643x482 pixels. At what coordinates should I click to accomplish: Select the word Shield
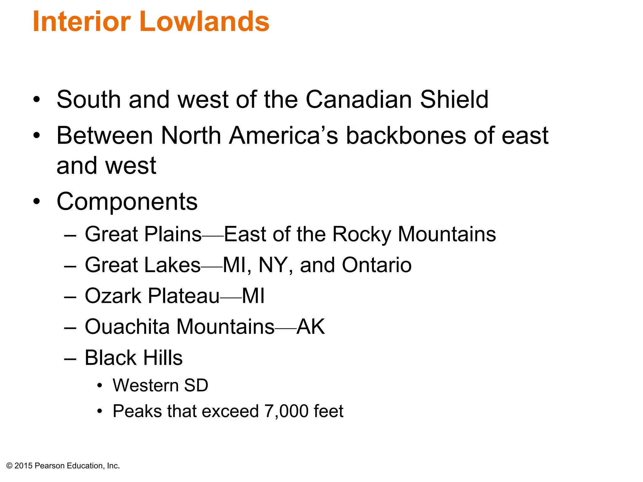pyautogui.click(x=454, y=99)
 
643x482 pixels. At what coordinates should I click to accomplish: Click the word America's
pyautogui.click(x=284, y=136)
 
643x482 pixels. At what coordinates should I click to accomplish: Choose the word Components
pyautogui.click(x=127, y=201)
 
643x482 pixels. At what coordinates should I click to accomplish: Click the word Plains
pyautogui.click(x=172, y=234)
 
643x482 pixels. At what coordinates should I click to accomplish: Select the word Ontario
pyautogui.click(x=376, y=265)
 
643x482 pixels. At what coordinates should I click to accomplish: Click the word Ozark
pyautogui.click(x=113, y=296)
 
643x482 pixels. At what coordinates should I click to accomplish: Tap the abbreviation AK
pyautogui.click(x=311, y=327)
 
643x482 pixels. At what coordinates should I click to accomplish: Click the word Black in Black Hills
pyautogui.click(x=110, y=358)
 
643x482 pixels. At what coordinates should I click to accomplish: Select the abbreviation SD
pyautogui.click(x=196, y=385)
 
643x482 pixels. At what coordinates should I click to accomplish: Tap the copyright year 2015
pyautogui.click(x=24, y=466)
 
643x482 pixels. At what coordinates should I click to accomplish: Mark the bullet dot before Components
pyautogui.click(x=37, y=201)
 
